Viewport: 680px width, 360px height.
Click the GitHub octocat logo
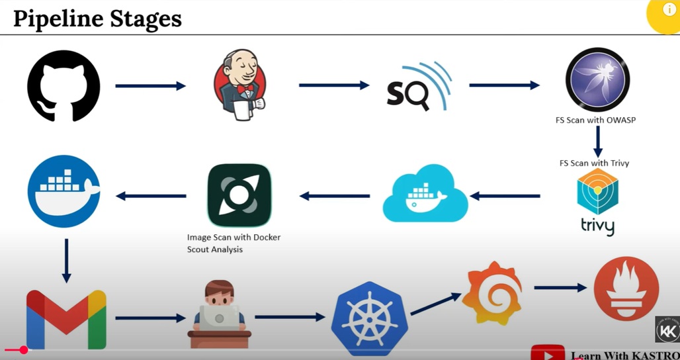click(64, 86)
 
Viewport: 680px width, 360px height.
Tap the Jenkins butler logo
click(239, 85)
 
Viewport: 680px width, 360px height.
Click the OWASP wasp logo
click(597, 80)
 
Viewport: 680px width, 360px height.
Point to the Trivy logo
click(597, 201)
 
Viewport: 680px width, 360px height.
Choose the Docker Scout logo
click(239, 195)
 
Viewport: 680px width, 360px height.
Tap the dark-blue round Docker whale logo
click(64, 191)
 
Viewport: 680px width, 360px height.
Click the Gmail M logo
click(66, 319)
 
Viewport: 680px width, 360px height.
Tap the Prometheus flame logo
click(626, 289)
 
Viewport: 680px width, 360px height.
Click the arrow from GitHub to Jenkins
click(150, 86)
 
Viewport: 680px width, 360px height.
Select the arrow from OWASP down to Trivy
click(597, 141)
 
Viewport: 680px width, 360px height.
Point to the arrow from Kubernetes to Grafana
click(435, 304)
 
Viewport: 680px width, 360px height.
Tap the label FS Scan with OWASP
click(595, 120)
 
